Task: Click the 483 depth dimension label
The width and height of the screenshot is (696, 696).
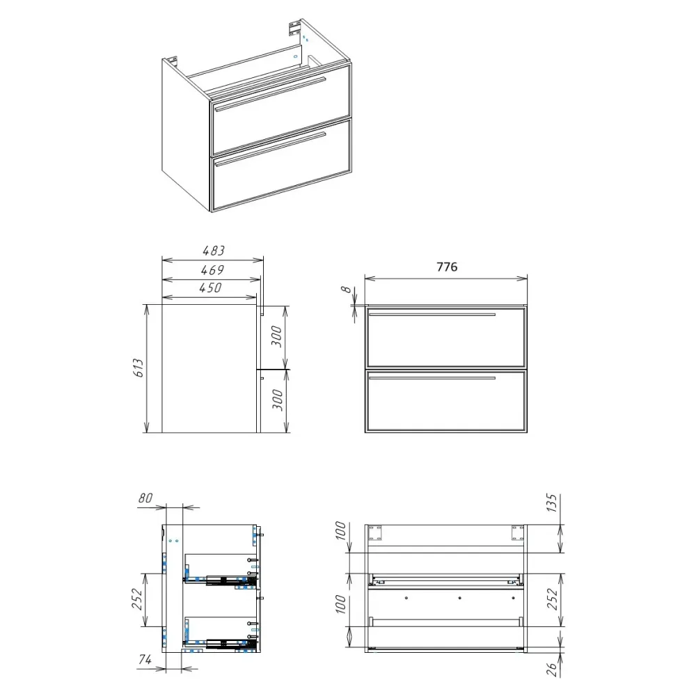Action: (214, 251)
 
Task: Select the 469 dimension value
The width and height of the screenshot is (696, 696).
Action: (212, 270)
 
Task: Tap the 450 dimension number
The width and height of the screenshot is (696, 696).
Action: (210, 287)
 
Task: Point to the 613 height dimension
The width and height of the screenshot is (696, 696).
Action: (139, 368)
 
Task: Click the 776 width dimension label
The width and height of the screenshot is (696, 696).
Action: (447, 267)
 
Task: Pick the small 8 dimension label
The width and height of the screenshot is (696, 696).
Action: (346, 290)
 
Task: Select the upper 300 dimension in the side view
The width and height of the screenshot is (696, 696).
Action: (276, 336)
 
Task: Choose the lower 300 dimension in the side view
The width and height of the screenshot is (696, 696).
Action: (277, 400)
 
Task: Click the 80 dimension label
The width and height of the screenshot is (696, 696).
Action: (145, 498)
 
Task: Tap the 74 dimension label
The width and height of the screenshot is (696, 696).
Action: (145, 660)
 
